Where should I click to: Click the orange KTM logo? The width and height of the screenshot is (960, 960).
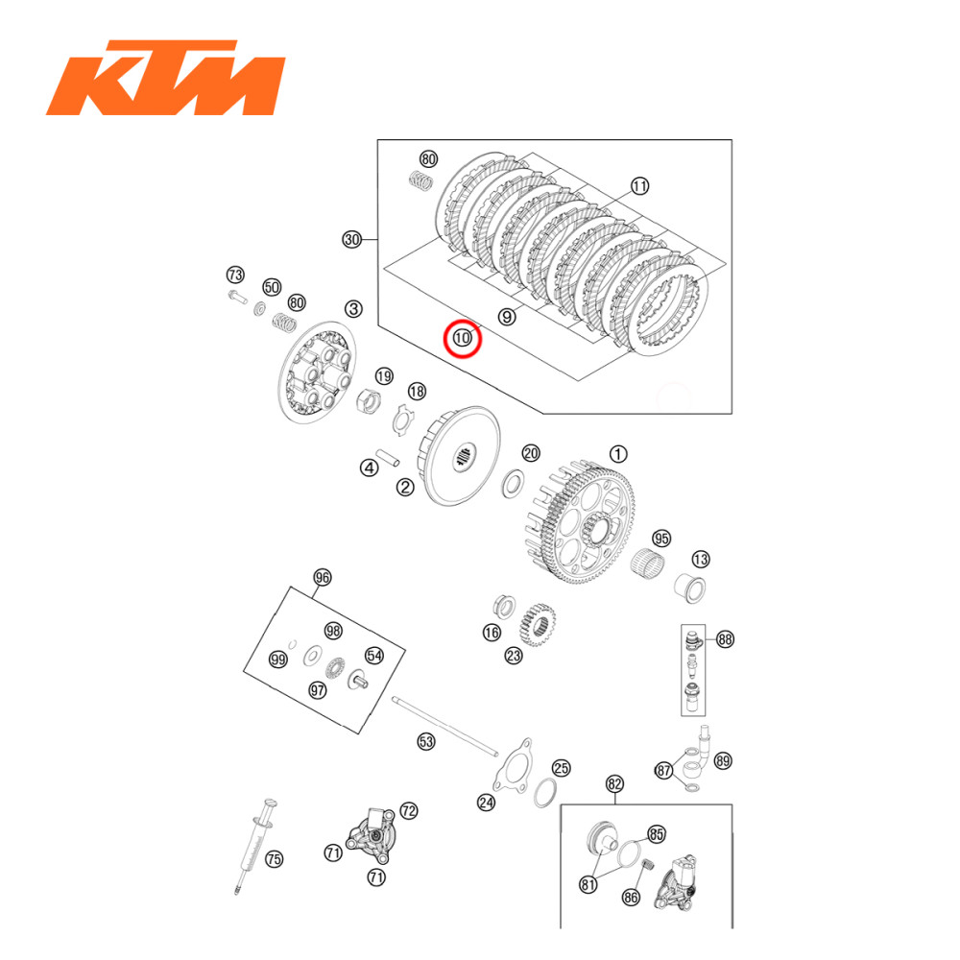pos(165,77)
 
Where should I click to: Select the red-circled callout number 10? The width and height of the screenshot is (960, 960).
pos(463,338)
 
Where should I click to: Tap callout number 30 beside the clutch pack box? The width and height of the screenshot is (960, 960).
pos(352,240)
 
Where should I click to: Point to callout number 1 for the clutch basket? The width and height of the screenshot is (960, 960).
pos(618,452)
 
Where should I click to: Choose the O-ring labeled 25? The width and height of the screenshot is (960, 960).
pos(546,792)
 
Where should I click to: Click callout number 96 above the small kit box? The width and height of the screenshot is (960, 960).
pos(323,577)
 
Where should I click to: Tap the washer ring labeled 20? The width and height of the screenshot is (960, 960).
pos(513,483)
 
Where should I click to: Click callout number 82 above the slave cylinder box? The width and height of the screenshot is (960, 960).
pos(615,784)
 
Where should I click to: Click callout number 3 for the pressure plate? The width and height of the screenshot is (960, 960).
pos(354,308)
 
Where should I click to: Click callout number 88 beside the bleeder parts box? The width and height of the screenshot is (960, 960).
pos(724,638)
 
